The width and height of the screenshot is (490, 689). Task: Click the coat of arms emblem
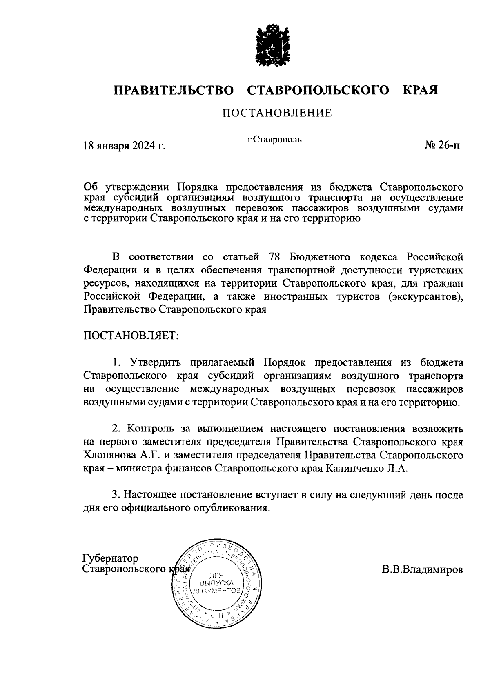pyautogui.click(x=273, y=45)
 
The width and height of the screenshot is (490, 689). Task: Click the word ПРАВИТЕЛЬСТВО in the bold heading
pyautogui.click(x=174, y=90)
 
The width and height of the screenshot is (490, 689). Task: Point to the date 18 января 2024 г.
pyautogui.click(x=124, y=146)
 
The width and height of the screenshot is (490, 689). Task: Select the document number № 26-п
pyautogui.click(x=443, y=145)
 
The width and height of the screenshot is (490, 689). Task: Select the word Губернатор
pyautogui.click(x=111, y=558)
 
